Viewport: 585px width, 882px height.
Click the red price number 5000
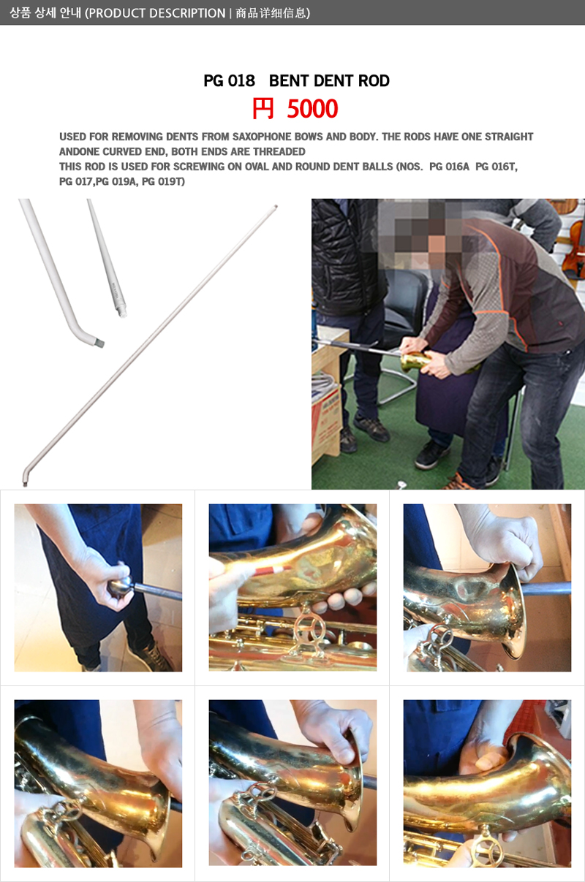312,109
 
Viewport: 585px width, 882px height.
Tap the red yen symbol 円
263,109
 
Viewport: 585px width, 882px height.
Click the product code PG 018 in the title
230,80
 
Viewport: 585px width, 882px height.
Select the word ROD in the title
374,80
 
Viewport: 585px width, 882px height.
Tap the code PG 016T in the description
497,167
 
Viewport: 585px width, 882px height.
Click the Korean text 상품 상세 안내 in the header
45,13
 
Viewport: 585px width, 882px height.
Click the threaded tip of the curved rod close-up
100,343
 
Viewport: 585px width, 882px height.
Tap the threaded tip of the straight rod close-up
123,313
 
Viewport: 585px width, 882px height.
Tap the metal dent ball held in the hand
120,586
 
